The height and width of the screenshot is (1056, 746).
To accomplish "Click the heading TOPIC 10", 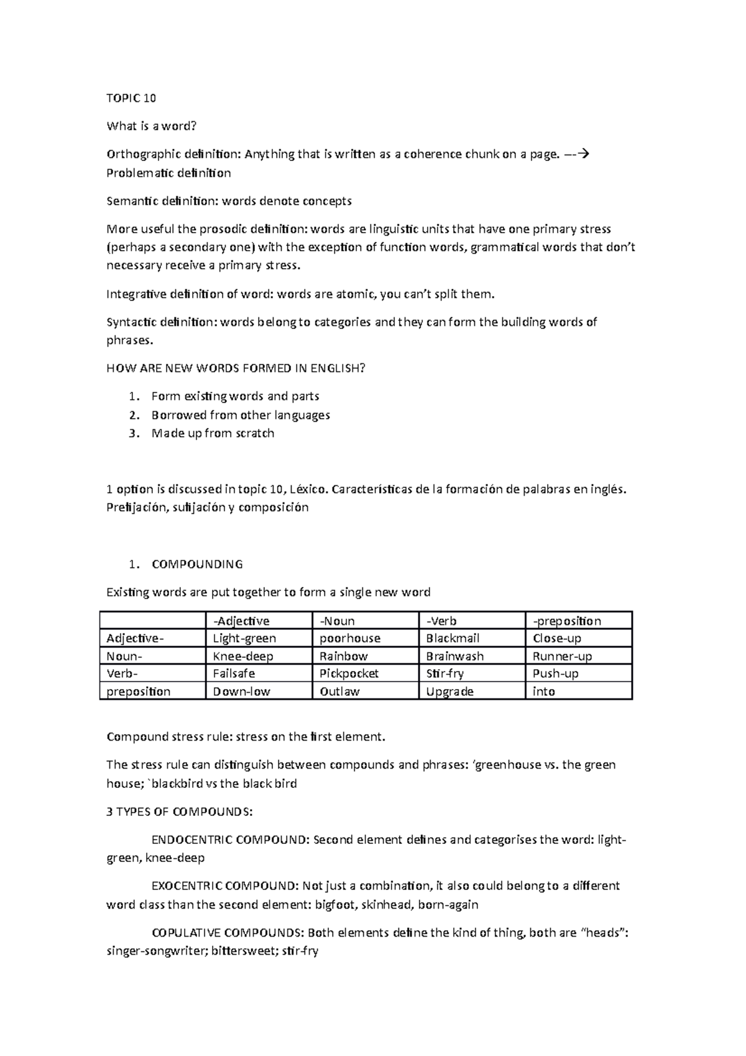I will pos(131,98).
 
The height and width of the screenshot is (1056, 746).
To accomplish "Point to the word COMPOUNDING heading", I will pos(197,564).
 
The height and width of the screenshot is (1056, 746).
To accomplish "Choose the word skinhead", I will pos(386,904).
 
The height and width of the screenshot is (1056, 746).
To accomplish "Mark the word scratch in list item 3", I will pos(255,433).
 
